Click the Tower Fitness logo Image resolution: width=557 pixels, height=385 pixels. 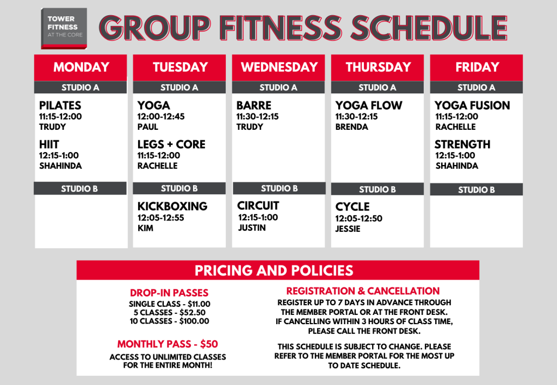(64, 28)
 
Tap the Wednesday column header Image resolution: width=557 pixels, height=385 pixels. (279, 67)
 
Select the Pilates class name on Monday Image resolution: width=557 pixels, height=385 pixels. (60, 105)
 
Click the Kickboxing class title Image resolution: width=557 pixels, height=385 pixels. (172, 206)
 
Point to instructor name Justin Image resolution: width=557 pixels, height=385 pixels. (252, 228)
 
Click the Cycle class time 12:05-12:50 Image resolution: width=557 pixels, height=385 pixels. (359, 218)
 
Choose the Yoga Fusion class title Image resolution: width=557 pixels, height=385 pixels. (472, 105)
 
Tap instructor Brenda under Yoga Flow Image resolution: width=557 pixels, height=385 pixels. (352, 127)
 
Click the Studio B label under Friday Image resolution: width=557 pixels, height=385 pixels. (476, 190)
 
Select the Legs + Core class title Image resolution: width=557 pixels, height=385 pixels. (171, 144)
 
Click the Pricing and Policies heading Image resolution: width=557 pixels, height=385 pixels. (274, 270)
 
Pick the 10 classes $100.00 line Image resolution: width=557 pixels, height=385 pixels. (170, 321)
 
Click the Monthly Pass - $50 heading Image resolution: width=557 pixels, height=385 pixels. (168, 344)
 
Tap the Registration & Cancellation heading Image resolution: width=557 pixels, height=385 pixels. (363, 291)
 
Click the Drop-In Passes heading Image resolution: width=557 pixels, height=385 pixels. (169, 293)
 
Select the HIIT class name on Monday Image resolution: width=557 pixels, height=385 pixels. (49, 144)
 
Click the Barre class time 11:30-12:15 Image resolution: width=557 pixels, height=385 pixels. (257, 116)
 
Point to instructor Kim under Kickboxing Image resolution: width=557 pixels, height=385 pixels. (145, 228)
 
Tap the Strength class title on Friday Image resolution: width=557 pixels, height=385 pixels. (462, 144)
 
